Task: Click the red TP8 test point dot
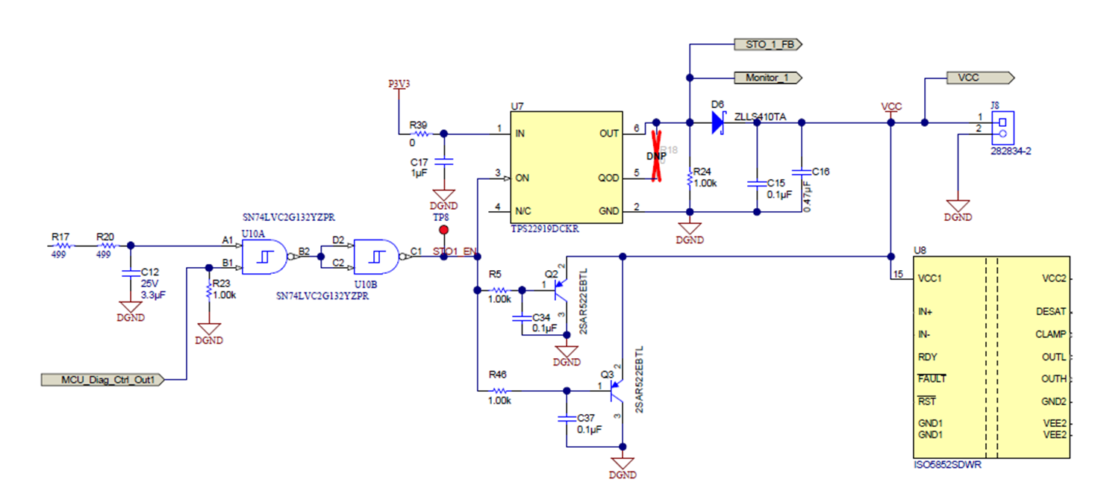[443, 230]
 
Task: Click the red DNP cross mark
[657, 155]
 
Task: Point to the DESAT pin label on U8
[1051, 311]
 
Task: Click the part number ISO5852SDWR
[947, 465]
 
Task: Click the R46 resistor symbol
[499, 390]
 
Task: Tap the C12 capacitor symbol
[131, 273]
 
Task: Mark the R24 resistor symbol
[690, 179]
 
